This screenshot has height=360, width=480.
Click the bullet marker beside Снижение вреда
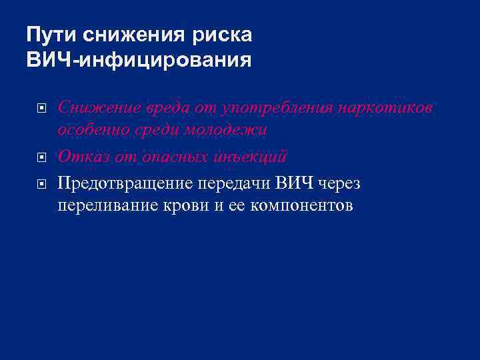click(x=41, y=107)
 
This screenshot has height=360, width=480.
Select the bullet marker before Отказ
click(x=41, y=158)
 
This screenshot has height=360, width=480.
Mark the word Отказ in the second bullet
click(x=82, y=157)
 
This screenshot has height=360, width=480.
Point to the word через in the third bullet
click(x=339, y=183)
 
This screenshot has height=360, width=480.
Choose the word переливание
click(x=105, y=205)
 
